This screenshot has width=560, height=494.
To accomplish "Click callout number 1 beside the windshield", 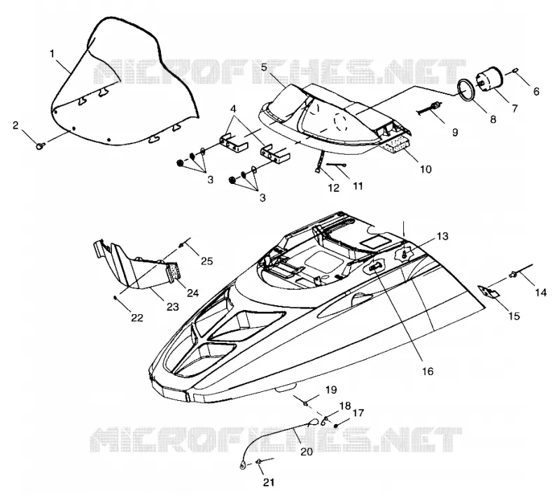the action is pos(52,54).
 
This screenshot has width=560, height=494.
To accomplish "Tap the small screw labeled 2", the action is pos(40,146).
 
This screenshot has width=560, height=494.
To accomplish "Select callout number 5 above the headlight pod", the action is pos(264,67).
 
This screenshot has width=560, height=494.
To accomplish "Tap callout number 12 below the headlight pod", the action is pos(334,188).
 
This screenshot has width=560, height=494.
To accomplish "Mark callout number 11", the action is pos(358,185).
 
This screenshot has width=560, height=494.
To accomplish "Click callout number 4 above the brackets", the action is pos(234,108).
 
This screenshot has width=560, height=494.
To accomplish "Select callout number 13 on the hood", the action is pos(442,237).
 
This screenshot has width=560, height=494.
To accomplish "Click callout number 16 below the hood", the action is pos(428,372).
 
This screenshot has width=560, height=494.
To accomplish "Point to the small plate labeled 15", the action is pos(489,292).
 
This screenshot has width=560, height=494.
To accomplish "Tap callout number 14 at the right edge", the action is pos(540,292).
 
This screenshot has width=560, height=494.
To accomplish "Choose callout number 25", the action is pos(206,261).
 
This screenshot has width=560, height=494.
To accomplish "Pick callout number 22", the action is pos(136,318).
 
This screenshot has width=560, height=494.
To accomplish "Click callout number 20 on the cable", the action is pos(307,451).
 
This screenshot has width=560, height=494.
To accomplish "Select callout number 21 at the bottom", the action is pos(269,483).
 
